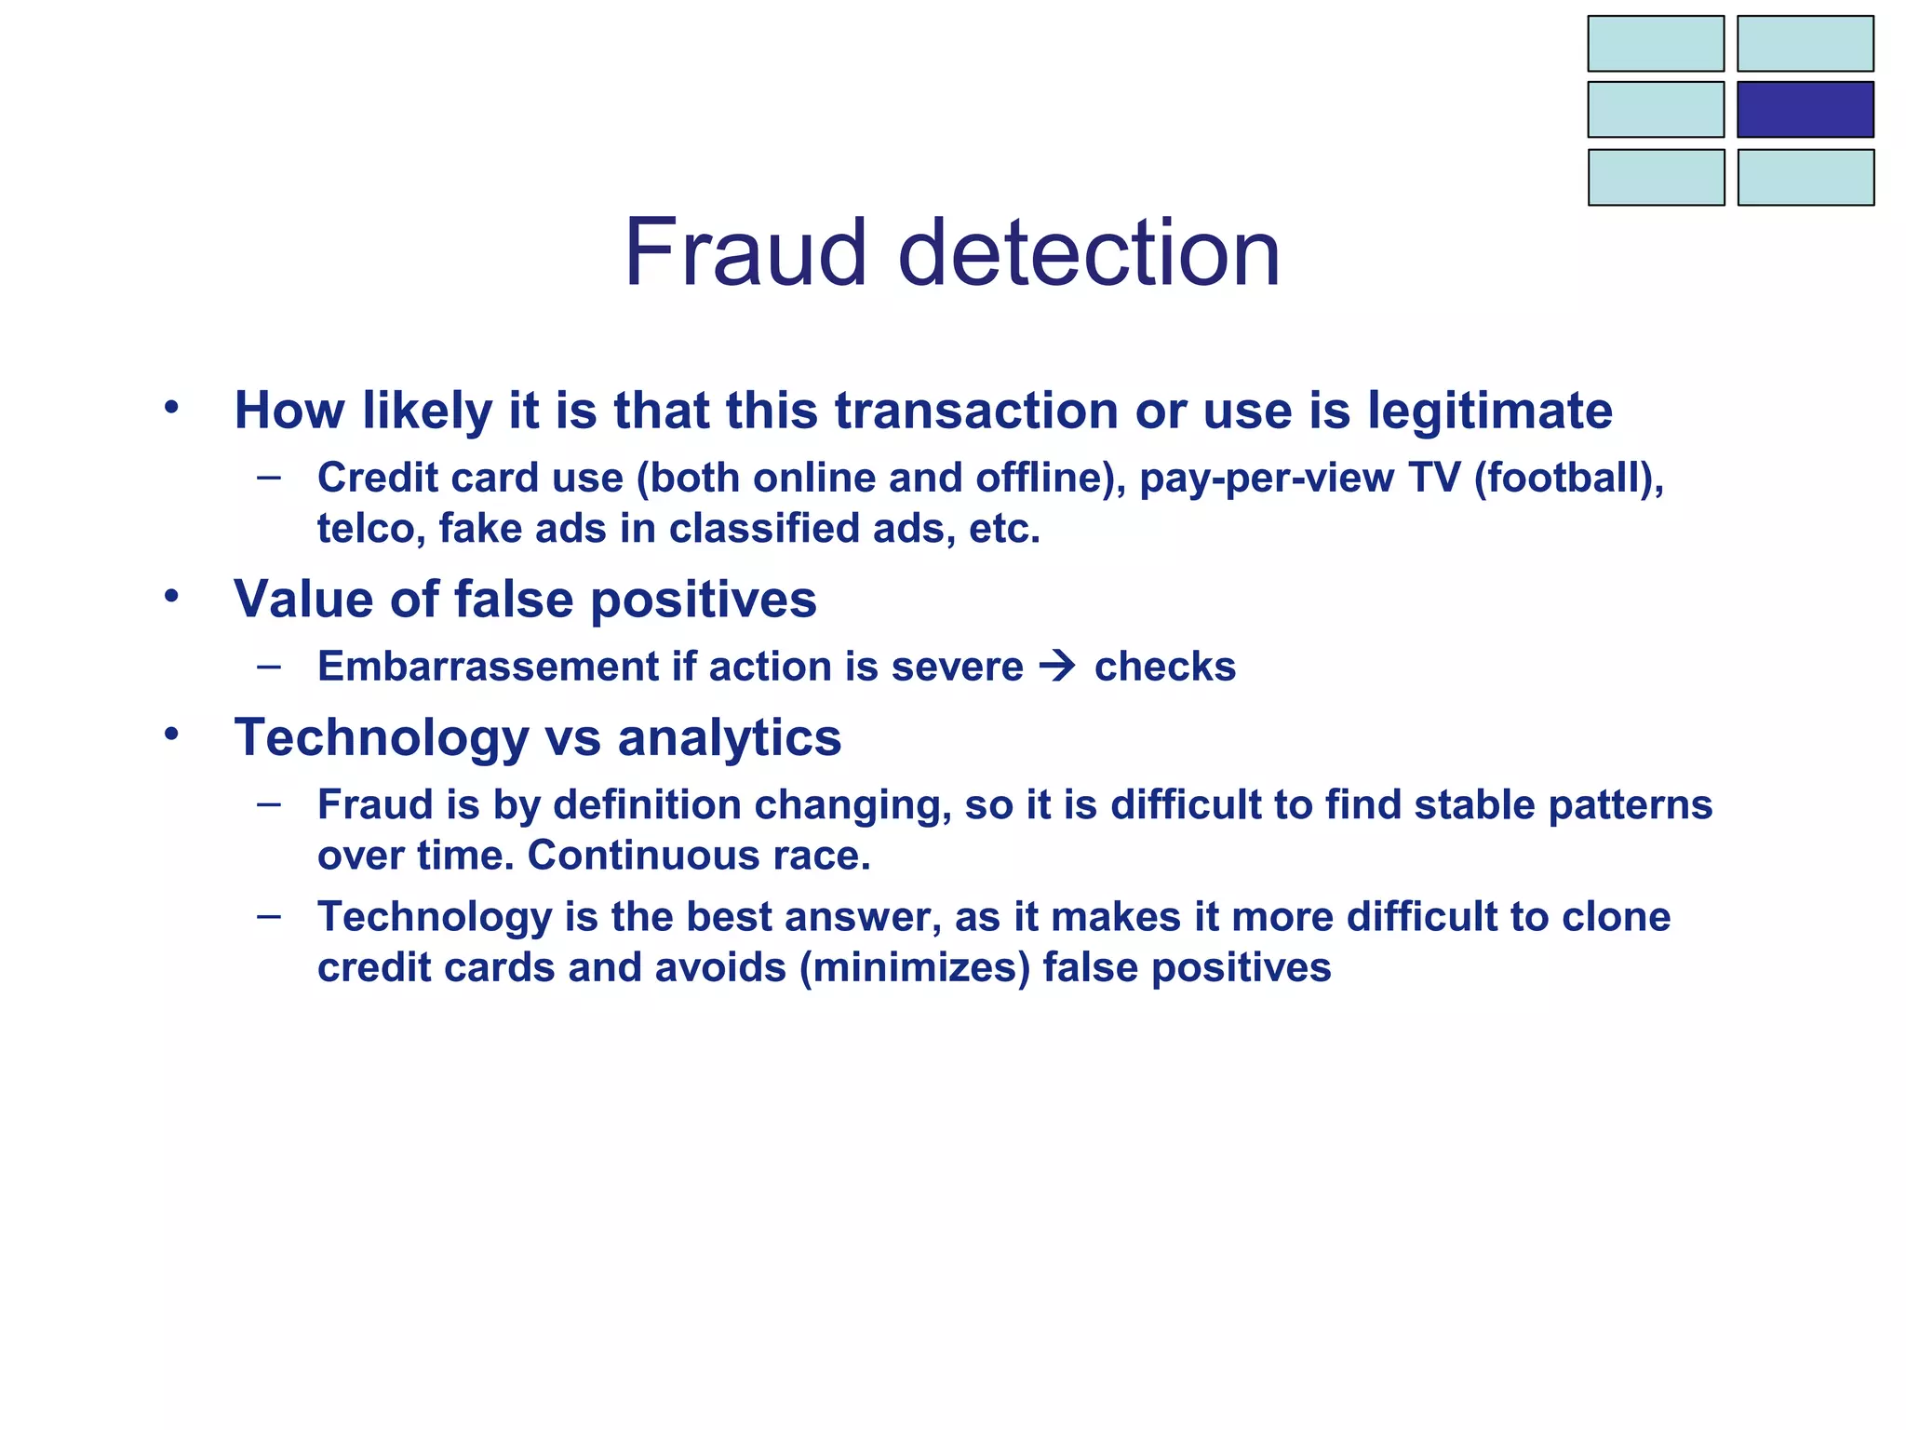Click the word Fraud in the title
[745, 253]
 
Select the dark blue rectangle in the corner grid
[1805, 109]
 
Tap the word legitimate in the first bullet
[1489, 411]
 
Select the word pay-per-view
[1266, 479]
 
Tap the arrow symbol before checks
[1057, 667]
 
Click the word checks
[1164, 667]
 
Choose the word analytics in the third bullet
[729, 738]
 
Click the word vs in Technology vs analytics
[572, 738]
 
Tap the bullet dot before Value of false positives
[170, 596]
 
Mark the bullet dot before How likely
[170, 408]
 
